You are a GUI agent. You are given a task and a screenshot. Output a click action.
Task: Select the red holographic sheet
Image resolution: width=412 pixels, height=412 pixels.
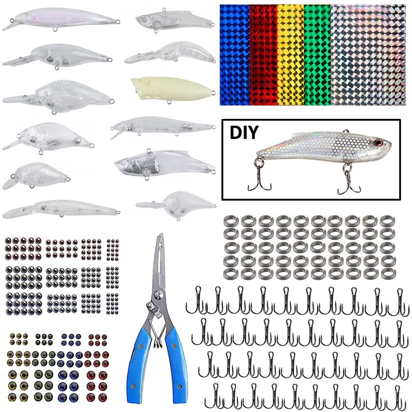click(263, 54)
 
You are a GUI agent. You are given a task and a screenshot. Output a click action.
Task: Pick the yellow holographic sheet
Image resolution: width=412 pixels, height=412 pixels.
click(290, 54)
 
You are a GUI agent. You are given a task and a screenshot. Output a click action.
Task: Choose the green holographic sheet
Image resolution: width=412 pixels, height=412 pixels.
click(317, 54)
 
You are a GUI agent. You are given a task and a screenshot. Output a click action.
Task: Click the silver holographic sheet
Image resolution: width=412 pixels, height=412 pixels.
click(369, 54)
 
